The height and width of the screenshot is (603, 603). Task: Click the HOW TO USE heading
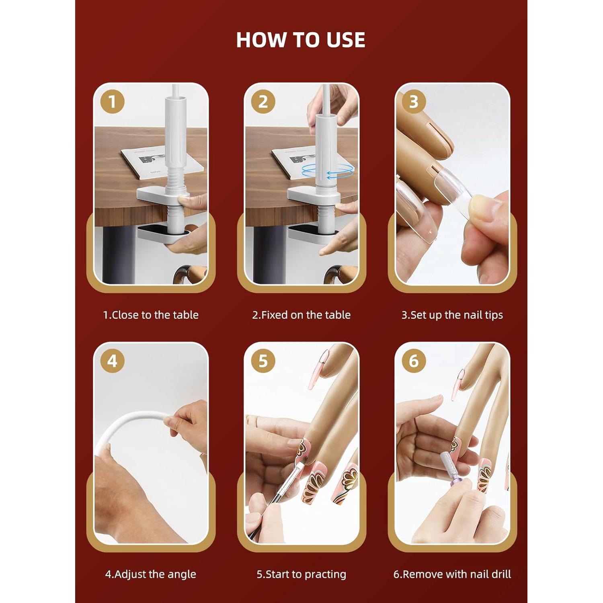[x=301, y=40]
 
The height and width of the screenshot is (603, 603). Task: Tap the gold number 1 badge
[x=112, y=102]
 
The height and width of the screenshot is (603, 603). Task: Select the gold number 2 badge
[x=263, y=102]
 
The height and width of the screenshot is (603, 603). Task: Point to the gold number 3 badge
[x=414, y=102]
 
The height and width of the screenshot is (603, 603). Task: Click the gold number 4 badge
[x=112, y=361]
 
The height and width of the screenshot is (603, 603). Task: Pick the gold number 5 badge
[x=263, y=361]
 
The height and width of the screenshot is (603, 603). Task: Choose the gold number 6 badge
[x=414, y=361]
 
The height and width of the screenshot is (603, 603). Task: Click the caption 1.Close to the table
[x=151, y=315]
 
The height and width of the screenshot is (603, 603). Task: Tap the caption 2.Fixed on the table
[x=301, y=315]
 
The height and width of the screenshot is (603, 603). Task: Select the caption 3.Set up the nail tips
[x=452, y=315]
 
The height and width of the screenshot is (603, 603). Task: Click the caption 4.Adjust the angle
[x=151, y=574]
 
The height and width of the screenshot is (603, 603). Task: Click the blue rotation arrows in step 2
[x=327, y=171]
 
